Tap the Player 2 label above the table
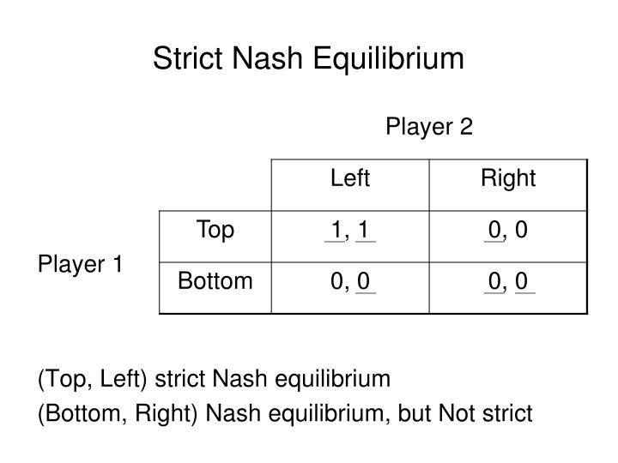tap(428, 127)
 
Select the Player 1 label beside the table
tap(80, 264)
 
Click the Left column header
tap(350, 178)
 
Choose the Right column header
tap(508, 178)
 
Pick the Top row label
tap(215, 230)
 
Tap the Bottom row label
tap(215, 281)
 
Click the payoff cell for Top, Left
tap(350, 230)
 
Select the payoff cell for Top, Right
tap(508, 230)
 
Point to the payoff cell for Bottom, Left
tap(350, 281)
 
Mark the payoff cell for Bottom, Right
tap(508, 281)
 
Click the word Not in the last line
tap(455, 414)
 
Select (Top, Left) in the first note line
tap(92, 379)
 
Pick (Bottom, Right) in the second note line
tap(114, 414)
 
